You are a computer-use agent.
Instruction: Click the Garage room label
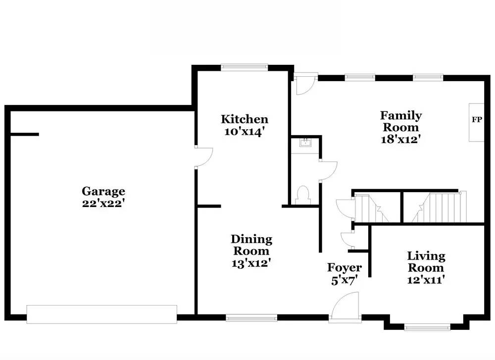coord(103,191)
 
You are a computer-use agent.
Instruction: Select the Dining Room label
coord(251,245)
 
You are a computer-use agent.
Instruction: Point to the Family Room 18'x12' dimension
coord(401,139)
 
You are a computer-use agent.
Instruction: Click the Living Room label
coord(426,262)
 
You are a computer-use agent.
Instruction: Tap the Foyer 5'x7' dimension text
coord(345,280)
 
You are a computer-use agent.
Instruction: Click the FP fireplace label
coord(477,119)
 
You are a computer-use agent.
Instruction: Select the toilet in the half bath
coord(303,195)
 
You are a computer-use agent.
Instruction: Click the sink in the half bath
coord(305,143)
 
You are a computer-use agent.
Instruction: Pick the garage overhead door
coord(101,314)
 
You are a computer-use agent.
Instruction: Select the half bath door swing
coord(328,171)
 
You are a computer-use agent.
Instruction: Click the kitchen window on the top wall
coord(245,67)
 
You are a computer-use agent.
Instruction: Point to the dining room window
coord(251,318)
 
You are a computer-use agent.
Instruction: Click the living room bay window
coord(427,327)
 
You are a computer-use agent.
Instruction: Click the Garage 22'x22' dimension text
coord(102,203)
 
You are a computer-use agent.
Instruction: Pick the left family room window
coord(360,77)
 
